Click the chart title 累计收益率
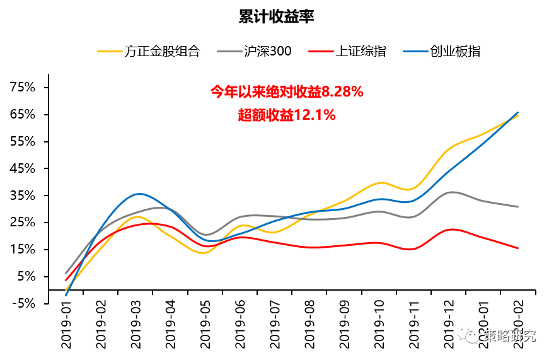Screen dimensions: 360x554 coord(277,16)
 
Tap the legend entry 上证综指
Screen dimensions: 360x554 coord(361,51)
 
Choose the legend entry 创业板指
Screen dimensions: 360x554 coord(455,51)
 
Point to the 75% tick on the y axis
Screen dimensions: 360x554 coord(23,88)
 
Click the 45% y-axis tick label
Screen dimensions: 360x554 coord(23,168)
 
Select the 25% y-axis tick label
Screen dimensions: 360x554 coord(23,223)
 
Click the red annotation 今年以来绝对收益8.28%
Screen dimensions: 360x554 coord(287,92)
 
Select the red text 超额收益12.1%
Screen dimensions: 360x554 coord(287,115)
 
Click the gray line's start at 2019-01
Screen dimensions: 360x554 coord(66,273)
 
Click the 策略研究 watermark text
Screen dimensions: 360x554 coord(509,336)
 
